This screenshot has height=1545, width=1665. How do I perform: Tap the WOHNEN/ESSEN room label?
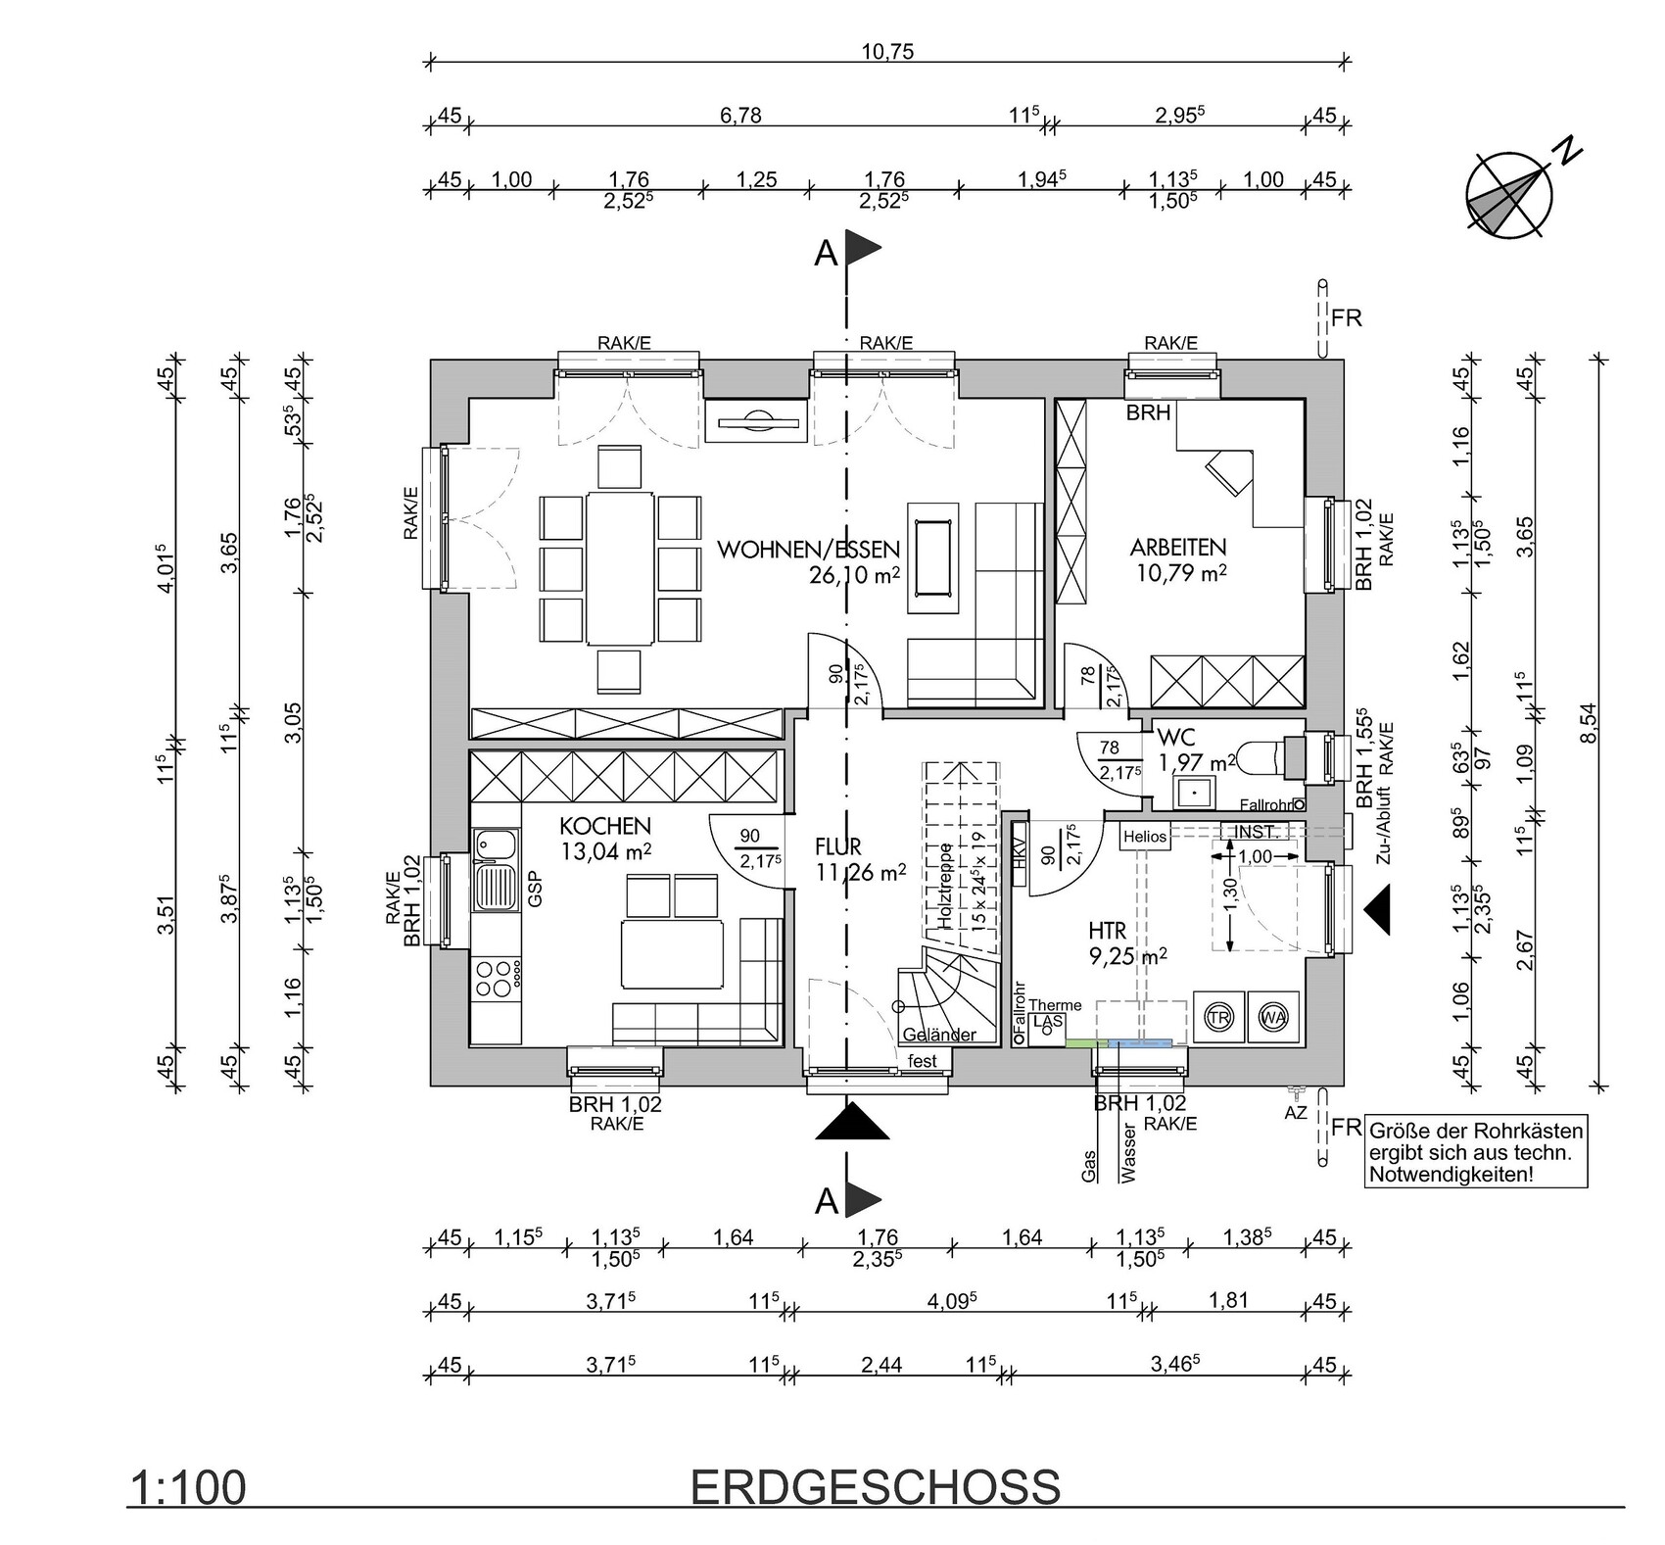click(808, 550)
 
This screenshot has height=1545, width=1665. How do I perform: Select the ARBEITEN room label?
click(1178, 548)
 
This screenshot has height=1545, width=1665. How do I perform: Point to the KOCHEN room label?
click(605, 826)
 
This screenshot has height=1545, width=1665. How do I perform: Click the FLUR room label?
click(837, 845)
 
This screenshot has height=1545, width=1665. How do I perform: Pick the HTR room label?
click(1107, 931)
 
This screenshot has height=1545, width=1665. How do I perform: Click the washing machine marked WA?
click(1273, 1017)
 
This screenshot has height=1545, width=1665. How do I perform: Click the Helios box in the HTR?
click(1145, 837)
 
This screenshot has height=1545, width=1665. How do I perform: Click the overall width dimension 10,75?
click(887, 52)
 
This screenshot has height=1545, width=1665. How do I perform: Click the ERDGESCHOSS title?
click(876, 1487)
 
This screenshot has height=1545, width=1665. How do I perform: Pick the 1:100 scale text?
click(187, 1488)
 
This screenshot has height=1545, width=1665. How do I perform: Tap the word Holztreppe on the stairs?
click(945, 887)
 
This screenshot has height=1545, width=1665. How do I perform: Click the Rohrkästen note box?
click(1475, 1152)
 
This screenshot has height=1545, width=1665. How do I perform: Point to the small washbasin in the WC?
click(1195, 790)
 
